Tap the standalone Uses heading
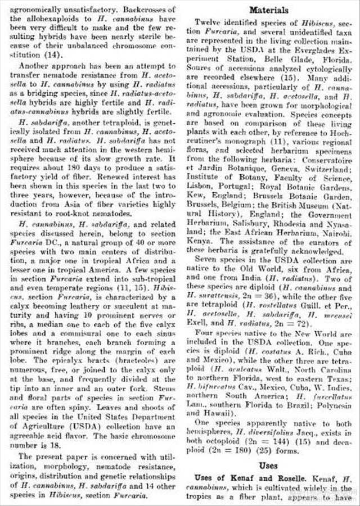(x=269, y=466)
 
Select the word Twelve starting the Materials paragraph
(x=208, y=21)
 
